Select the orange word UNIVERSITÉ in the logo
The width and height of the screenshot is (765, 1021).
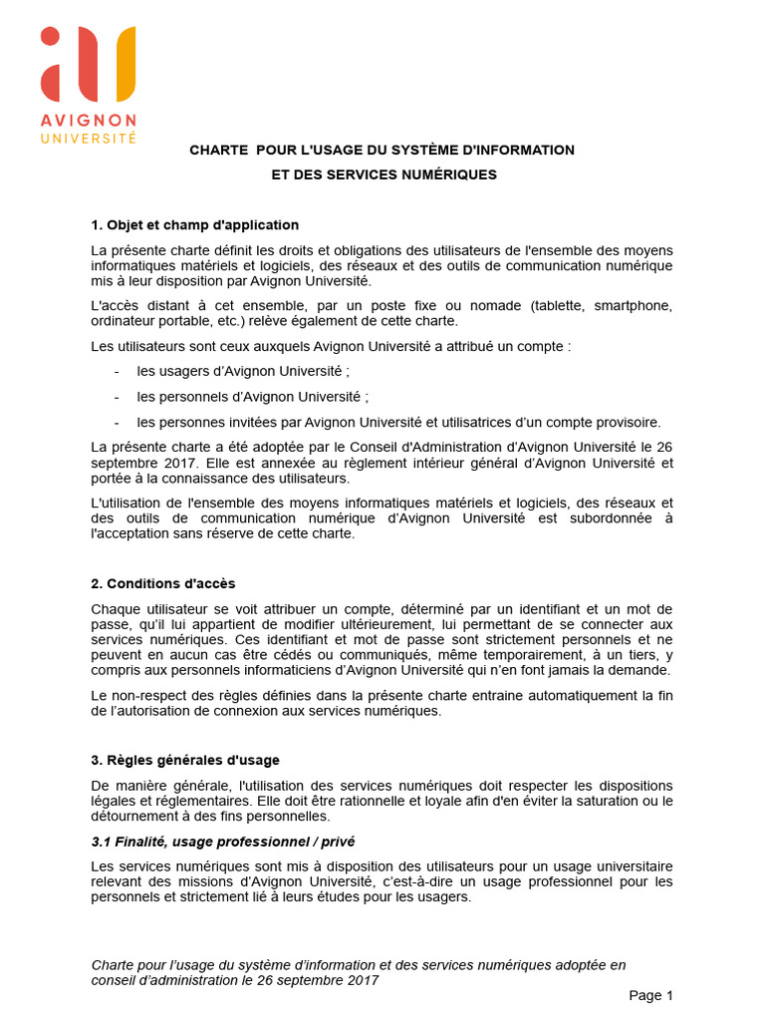88,137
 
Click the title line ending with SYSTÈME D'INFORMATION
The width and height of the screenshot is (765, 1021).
382,150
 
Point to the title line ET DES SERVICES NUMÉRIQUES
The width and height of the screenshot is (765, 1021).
383,174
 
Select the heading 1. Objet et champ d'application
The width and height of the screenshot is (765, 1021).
194,224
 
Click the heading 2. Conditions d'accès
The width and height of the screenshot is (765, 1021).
163,583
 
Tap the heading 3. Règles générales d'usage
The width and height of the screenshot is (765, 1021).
185,761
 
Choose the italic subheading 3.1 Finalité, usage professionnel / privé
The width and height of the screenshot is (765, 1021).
223,842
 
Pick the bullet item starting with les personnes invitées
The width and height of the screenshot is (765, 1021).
398,421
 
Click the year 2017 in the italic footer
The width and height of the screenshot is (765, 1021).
362,980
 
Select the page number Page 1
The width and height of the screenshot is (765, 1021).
651,995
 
